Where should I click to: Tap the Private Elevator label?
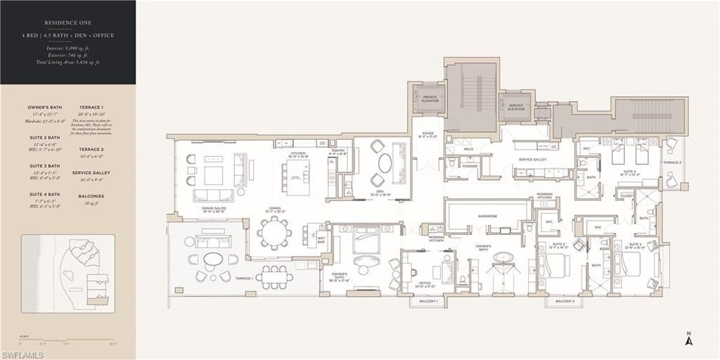(x=430, y=98)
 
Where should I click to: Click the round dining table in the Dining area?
(x=273, y=230)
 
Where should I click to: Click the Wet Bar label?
(x=320, y=240)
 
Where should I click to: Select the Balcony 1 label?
(x=428, y=301)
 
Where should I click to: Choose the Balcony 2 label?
(x=565, y=301)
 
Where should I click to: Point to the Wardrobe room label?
(x=487, y=216)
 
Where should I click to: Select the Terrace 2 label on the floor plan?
(x=671, y=162)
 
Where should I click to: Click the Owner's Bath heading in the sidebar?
(x=45, y=108)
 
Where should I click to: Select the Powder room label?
(x=470, y=167)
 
